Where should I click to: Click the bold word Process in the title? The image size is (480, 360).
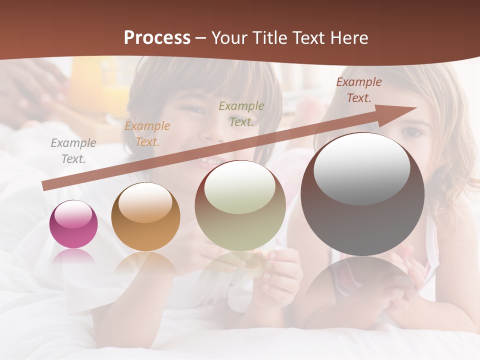(157, 38)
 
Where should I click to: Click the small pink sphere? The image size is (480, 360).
(73, 224)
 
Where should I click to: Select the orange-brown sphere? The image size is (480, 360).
(145, 217)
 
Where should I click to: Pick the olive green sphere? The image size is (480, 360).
(240, 206)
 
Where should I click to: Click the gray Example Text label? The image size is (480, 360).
(73, 151)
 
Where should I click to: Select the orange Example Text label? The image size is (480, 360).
(147, 134)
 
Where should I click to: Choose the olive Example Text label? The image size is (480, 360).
(241, 114)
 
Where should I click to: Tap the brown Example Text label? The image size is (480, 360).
(359, 90)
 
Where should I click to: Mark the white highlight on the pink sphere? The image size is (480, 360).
(73, 214)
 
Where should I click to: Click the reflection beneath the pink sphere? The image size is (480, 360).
(73, 256)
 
